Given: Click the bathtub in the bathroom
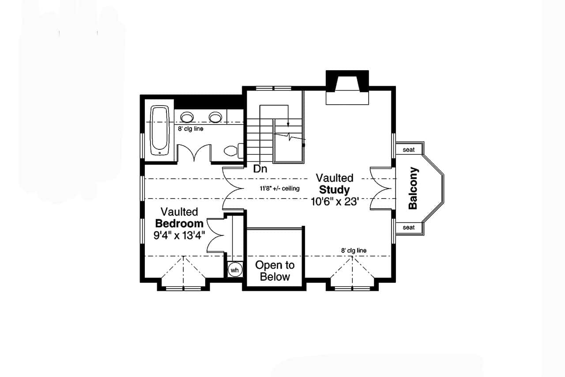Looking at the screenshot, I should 159,130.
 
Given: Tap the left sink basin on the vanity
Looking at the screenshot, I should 187,117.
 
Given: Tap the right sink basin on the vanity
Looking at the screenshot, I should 215,117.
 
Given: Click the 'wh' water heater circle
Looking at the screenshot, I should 234,270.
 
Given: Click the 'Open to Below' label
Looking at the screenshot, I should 275,271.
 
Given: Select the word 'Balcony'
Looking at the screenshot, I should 413,188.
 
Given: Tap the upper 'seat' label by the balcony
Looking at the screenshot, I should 409,150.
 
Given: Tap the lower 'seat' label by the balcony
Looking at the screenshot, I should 409,228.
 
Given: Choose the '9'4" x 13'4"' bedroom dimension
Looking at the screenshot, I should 179,235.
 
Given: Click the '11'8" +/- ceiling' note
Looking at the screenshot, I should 279,189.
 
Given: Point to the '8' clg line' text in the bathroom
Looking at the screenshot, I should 191,129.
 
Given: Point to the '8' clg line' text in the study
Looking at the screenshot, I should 354,251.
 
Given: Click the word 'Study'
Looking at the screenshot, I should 335,190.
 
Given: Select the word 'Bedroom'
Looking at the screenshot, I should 179,223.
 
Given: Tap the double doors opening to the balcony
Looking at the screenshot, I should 380,188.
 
